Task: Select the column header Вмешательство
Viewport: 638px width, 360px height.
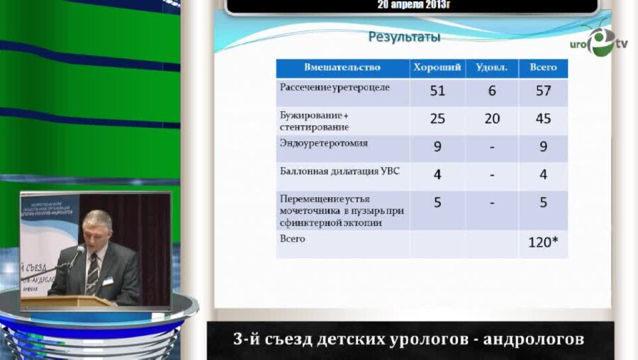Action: pyautogui.click(x=342, y=67)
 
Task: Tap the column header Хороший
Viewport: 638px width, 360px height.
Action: pyautogui.click(x=437, y=67)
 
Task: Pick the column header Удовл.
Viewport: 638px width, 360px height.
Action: pyautogui.click(x=492, y=67)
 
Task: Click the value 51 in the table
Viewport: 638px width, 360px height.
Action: pyautogui.click(x=437, y=91)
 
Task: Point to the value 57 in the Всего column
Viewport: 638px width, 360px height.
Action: pyautogui.click(x=543, y=91)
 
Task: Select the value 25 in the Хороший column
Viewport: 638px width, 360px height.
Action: pyautogui.click(x=437, y=118)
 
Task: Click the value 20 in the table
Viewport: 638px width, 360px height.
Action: pyautogui.click(x=492, y=118)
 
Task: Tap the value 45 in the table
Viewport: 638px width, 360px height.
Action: pyautogui.click(x=543, y=118)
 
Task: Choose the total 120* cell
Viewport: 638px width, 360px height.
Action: pyautogui.click(x=543, y=242)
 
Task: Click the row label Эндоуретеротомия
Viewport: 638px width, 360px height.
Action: pyautogui.click(x=319, y=143)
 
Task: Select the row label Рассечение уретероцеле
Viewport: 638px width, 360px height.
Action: pyautogui.click(x=335, y=88)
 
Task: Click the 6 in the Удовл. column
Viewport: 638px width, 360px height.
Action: pyautogui.click(x=492, y=91)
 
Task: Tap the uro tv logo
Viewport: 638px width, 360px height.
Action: pyautogui.click(x=598, y=42)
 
